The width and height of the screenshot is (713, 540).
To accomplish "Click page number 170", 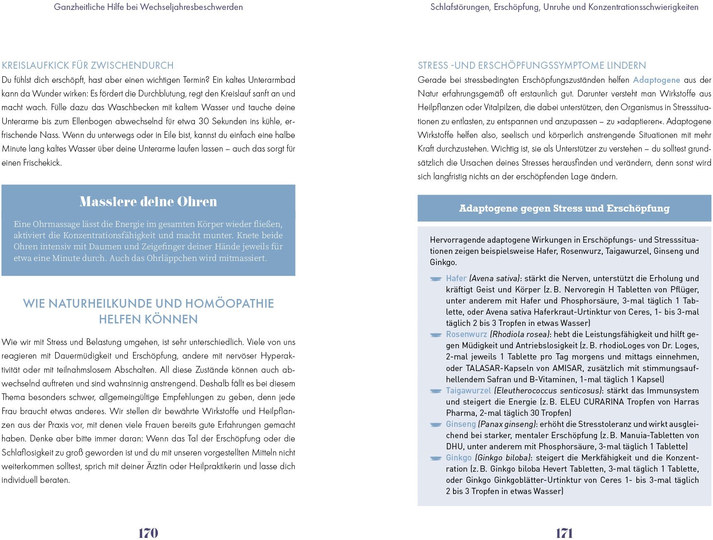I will (x=148, y=533).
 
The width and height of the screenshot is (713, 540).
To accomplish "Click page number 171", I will (x=564, y=533).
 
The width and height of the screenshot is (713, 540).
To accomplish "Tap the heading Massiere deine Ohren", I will (x=148, y=202).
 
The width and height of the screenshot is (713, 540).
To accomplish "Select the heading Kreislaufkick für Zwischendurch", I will (x=87, y=65).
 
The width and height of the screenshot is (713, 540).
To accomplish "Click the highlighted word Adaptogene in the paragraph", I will (x=656, y=80).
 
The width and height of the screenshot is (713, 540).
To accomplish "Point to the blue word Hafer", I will (x=456, y=278).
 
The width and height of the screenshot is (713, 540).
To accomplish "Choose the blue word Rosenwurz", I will (x=466, y=334).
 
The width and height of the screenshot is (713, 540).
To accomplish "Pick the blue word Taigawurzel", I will (x=468, y=391).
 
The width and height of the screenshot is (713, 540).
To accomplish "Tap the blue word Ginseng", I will (x=461, y=424).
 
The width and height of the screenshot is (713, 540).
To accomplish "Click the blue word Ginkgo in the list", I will (x=458, y=458).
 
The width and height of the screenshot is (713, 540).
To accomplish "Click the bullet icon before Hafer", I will (x=436, y=279).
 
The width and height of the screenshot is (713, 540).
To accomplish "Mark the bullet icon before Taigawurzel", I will (x=436, y=391).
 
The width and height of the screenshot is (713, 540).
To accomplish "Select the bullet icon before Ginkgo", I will (x=436, y=458).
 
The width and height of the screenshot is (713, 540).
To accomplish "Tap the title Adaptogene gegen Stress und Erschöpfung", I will (x=564, y=208).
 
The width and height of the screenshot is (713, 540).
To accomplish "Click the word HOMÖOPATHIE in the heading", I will (x=229, y=304).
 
